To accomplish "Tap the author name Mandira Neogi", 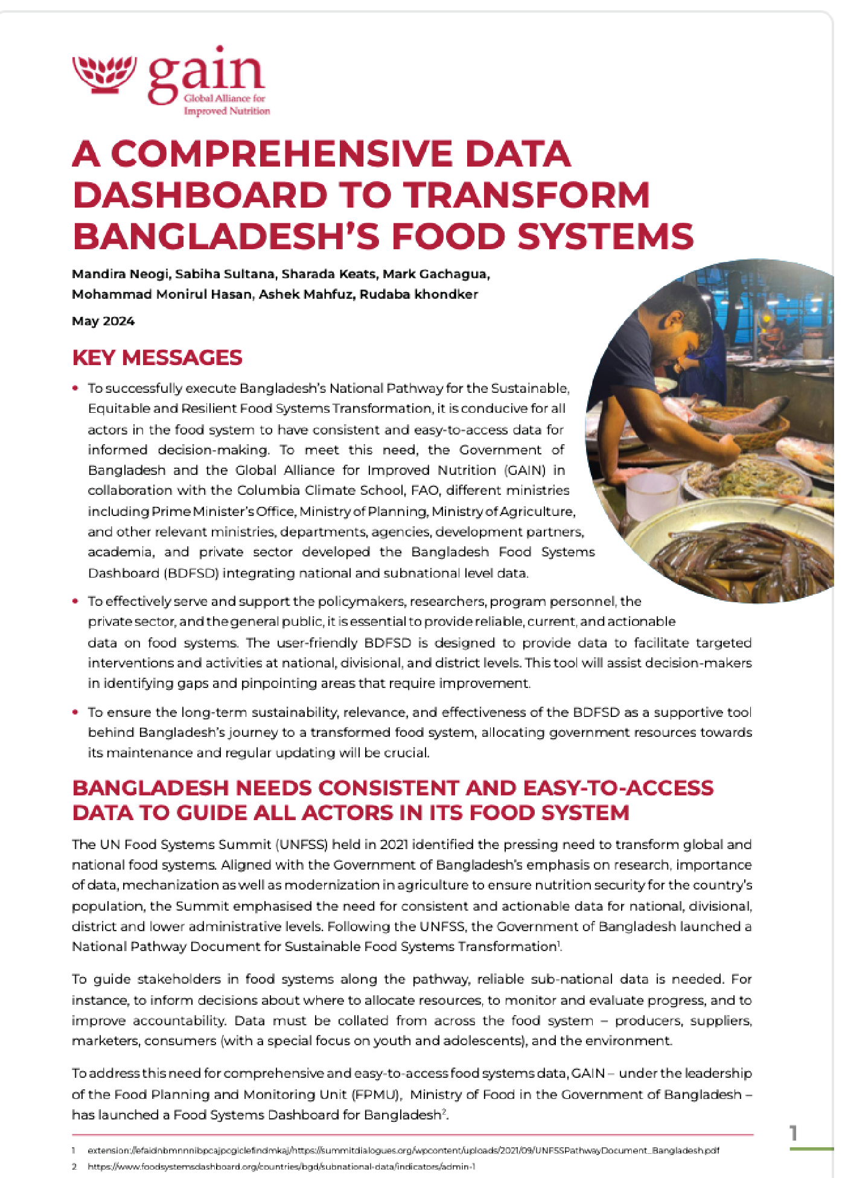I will click(120, 274).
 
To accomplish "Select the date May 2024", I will click(103, 321).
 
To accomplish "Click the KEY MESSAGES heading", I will click(157, 357).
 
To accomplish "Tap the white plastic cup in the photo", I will click(652, 495).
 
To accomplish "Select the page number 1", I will click(794, 1133).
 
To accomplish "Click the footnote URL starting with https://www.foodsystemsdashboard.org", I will click(281, 1167).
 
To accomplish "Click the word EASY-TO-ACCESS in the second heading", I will click(618, 788).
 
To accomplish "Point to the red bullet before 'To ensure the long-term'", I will click(75, 712).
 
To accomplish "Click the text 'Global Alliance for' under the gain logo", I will click(225, 98).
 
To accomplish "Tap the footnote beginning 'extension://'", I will click(403, 1150).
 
